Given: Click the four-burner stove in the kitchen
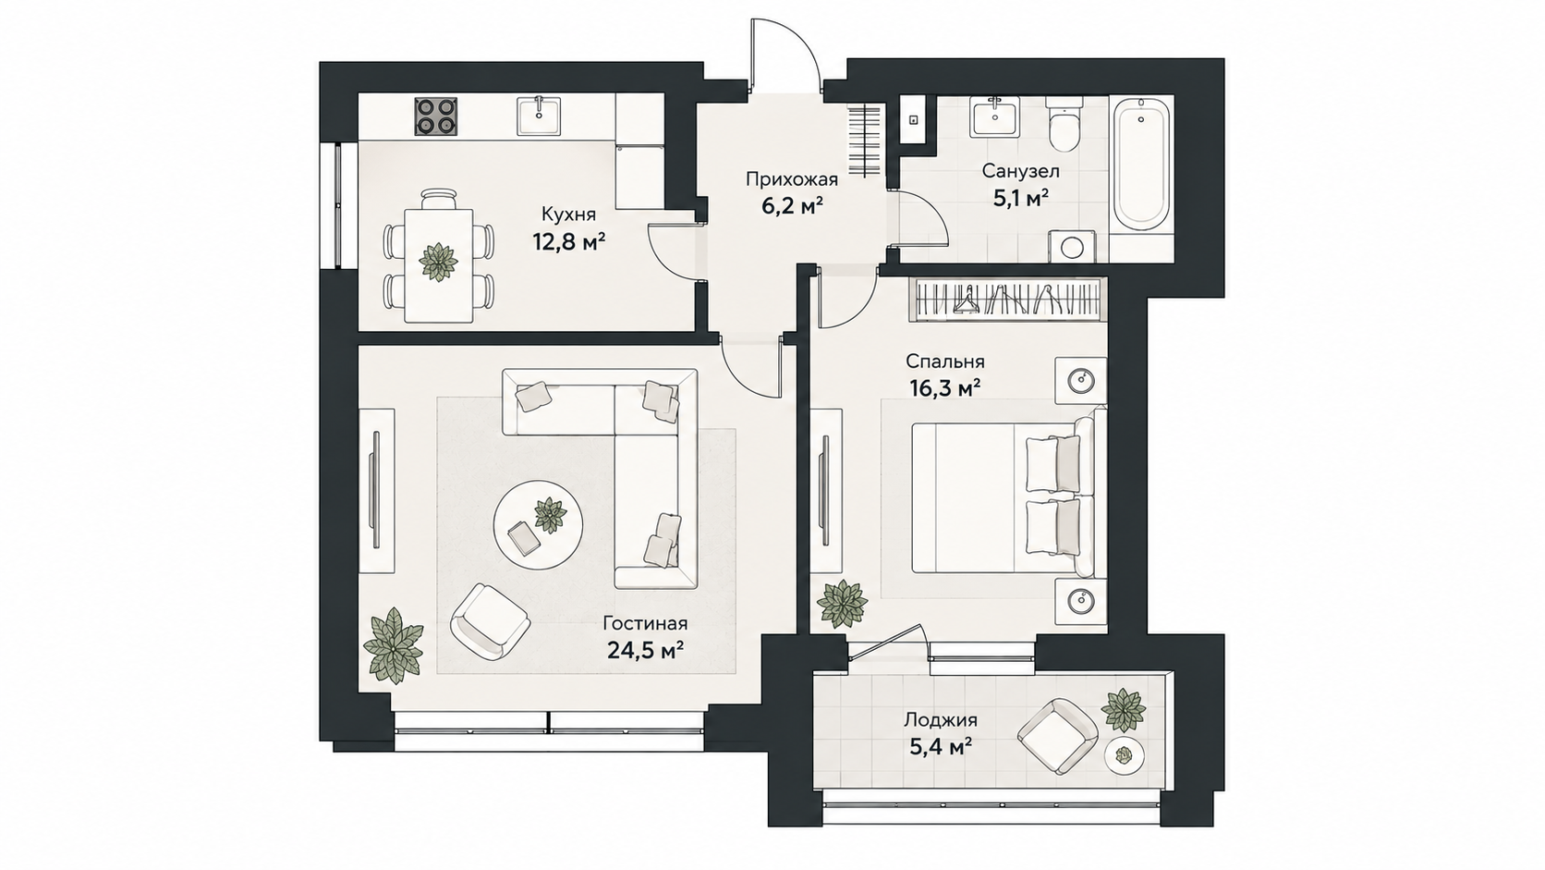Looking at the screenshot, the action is [x=436, y=116].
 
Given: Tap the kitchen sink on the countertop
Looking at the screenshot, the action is [x=539, y=116].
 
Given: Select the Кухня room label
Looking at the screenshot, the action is [x=568, y=214].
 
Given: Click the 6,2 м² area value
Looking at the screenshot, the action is [x=793, y=205].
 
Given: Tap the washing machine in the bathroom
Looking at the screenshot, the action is [x=1071, y=246].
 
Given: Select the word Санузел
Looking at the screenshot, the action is [x=1021, y=170].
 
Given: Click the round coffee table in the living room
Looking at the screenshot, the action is [x=539, y=525].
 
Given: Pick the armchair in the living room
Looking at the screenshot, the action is [x=491, y=621].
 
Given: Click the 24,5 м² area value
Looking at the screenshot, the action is [x=646, y=649].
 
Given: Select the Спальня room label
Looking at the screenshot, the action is [x=945, y=361].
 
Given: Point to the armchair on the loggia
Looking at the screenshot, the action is [x=1057, y=736].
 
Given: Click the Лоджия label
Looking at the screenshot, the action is [x=941, y=720].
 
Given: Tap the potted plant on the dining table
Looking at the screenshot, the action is [x=439, y=263].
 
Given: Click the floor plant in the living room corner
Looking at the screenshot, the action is [x=393, y=645].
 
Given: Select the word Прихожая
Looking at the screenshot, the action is [x=792, y=180].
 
